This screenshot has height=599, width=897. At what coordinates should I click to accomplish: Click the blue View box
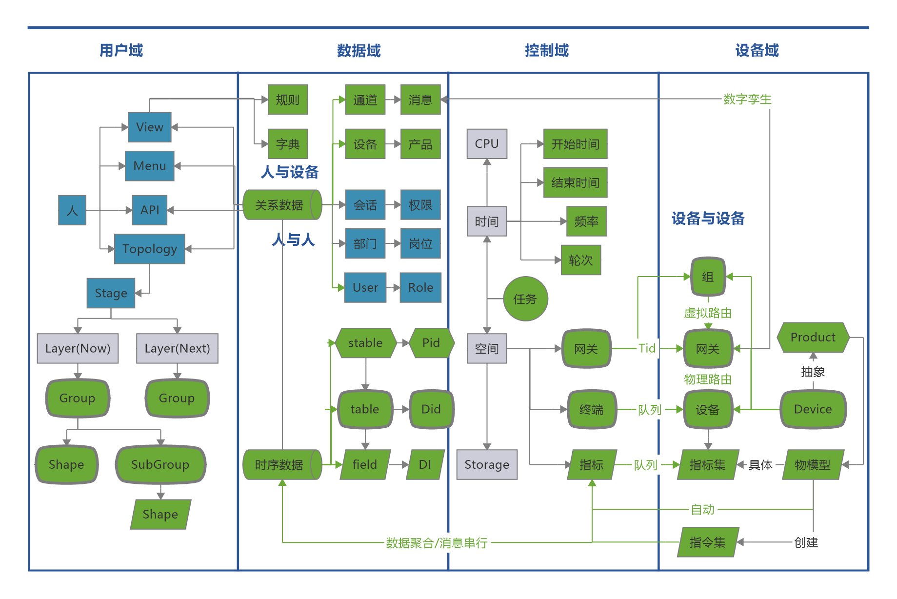(149, 127)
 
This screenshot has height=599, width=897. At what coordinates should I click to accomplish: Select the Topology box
(149, 249)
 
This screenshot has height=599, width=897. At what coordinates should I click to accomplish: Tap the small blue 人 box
(72, 210)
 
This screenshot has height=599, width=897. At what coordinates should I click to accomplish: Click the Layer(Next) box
(177, 348)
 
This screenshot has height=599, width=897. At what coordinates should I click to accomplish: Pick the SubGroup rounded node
(160, 464)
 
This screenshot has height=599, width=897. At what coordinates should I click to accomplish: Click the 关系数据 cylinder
(281, 205)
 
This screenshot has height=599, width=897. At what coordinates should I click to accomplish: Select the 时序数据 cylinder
(281, 464)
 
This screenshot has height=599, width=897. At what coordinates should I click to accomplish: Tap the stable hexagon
(365, 343)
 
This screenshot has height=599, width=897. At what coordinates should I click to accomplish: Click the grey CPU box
(486, 144)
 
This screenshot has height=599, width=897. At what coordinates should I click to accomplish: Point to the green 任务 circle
(525, 299)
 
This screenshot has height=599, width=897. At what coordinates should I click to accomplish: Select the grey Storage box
(486, 464)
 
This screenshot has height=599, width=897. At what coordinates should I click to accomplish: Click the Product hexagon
(813, 337)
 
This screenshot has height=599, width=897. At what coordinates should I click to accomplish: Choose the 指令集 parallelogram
(708, 542)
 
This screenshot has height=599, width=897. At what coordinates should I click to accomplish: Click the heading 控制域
(547, 50)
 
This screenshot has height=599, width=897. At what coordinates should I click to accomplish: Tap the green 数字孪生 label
(747, 100)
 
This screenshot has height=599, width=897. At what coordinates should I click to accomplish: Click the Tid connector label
(647, 348)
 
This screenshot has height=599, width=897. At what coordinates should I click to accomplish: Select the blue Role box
(420, 288)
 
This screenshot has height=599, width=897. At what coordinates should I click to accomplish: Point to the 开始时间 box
(575, 144)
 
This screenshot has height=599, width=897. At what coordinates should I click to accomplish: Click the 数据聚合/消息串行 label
(437, 543)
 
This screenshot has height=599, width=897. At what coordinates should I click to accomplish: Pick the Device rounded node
(813, 409)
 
